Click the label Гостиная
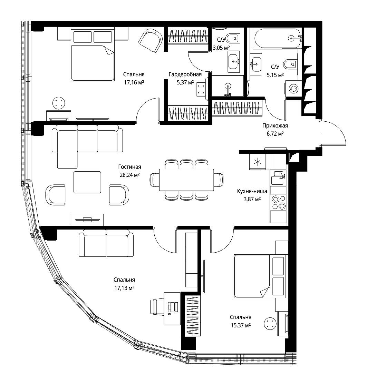click(x=129, y=167)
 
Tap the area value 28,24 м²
click(x=129, y=175)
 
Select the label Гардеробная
click(x=185, y=74)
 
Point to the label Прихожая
click(x=275, y=126)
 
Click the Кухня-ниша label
click(x=252, y=191)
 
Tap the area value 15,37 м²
click(x=241, y=325)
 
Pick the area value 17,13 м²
click(x=124, y=288)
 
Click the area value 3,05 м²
click(x=221, y=48)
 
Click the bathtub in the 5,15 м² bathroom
click(x=278, y=38)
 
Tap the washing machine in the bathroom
click(x=293, y=89)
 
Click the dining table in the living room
click(x=186, y=180)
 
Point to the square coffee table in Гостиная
click(x=87, y=182)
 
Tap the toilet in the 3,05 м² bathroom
click(x=232, y=38)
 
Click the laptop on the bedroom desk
click(x=173, y=307)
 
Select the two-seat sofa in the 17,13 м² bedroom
click(x=106, y=243)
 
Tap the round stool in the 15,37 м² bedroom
click(x=270, y=324)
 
